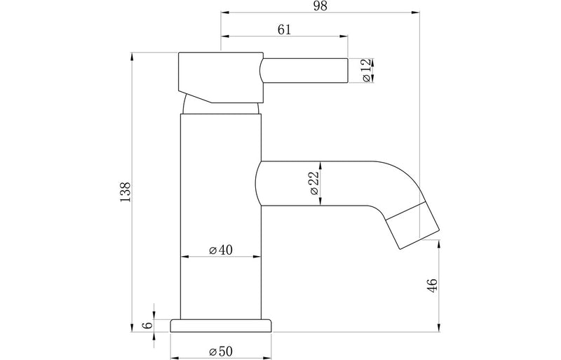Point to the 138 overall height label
pyautogui.click(x=126, y=191)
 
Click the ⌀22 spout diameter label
pyautogui.click(x=313, y=184)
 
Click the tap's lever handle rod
pyautogui.click(x=305, y=71)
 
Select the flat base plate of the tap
pyautogui.click(x=221, y=325)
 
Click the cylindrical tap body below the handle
pyautogui.click(x=221, y=211)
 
